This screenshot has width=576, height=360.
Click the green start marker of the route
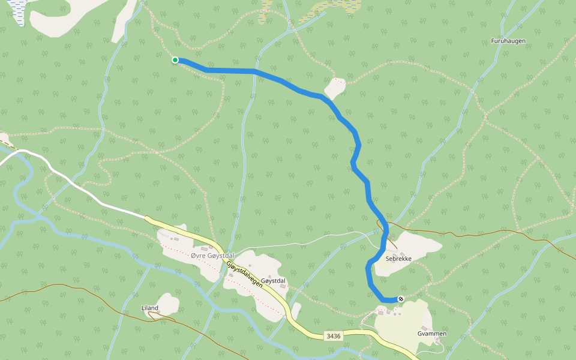pyautogui.click(x=175, y=60)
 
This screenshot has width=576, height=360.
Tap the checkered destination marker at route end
pyautogui.click(x=401, y=299)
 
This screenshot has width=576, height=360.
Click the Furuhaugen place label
pyautogui.click(x=508, y=41)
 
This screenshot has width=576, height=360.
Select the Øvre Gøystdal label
pyautogui.click(x=211, y=256)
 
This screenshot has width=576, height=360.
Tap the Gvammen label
pyautogui.click(x=431, y=333)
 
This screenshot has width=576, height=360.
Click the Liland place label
pyautogui.click(x=149, y=308)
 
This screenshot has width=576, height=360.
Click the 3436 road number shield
pyautogui.click(x=334, y=336)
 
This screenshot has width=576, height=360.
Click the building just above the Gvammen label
pyautogui.click(x=424, y=327)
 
